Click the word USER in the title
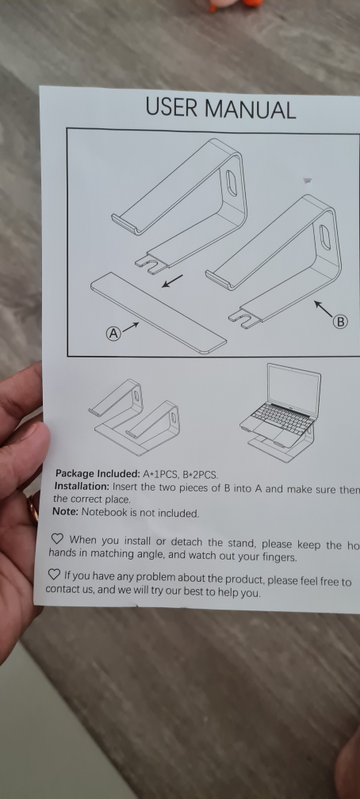point(171,109)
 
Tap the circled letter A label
point(114,334)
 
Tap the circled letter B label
point(340,321)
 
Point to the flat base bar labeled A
point(159,312)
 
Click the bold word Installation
point(82,486)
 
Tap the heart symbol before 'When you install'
point(57,539)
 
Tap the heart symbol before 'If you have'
point(53,574)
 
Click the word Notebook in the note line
point(106,513)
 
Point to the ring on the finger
point(33,507)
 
